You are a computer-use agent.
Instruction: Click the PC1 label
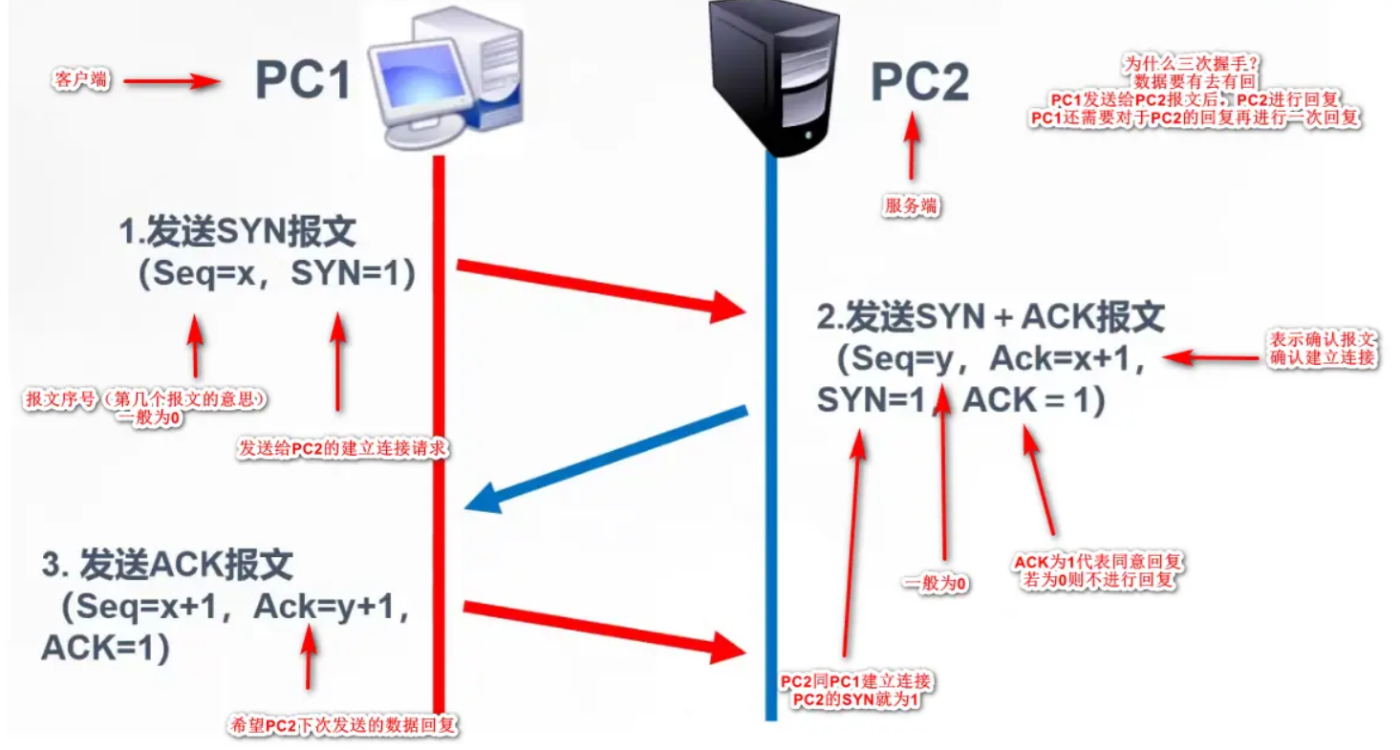click(303, 80)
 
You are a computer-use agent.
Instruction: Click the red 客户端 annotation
click(78, 80)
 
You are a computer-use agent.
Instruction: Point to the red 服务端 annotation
click(910, 205)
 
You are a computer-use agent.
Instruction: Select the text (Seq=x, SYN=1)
click(276, 274)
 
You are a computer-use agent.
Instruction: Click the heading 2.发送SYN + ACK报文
click(990, 316)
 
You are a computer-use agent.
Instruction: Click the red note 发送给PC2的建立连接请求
click(342, 447)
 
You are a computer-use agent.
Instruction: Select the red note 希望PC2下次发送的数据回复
click(341, 726)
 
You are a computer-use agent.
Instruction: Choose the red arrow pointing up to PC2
click(911, 148)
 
